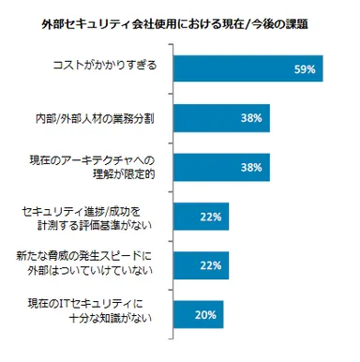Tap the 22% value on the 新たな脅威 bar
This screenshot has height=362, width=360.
(211, 268)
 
